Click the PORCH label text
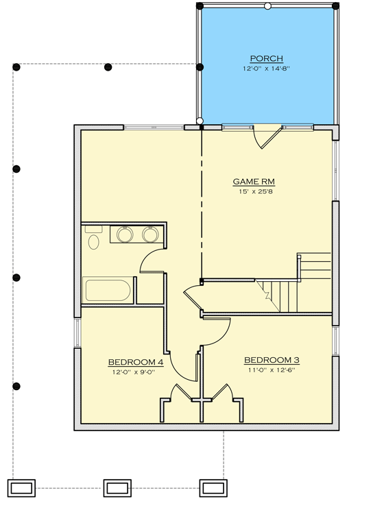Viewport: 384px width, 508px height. [267, 58]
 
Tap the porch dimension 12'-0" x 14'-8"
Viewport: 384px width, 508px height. [267, 69]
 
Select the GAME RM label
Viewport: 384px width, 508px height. [249, 182]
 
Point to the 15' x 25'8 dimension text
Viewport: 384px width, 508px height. [249, 192]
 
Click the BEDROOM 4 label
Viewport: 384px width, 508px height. [136, 362]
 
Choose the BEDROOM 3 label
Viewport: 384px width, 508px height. [272, 360]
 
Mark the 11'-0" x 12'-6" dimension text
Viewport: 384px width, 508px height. [272, 370]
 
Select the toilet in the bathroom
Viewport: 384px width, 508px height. [94, 239]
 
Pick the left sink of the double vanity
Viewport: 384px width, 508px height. [125, 235]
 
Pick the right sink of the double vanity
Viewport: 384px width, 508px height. [150, 235]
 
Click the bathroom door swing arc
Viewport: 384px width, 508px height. [152, 261]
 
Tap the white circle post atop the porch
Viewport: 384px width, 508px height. [267, 6]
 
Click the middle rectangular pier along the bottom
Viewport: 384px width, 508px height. [117, 487]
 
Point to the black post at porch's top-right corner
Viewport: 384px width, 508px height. [335, 6]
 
